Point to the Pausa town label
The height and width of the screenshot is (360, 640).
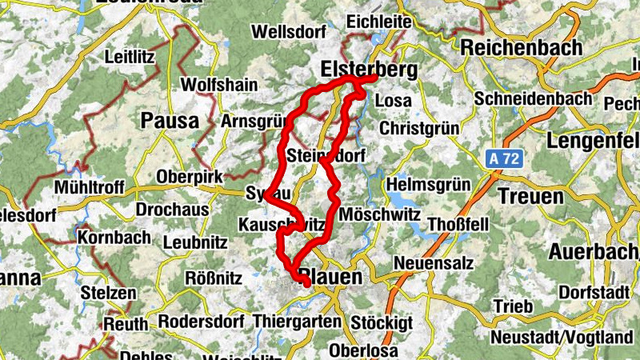pos(169,121)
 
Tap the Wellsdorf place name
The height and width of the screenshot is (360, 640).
pos(288,32)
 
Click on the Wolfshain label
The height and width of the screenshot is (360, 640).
pos(212,84)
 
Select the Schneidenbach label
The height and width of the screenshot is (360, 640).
pos(533,98)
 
